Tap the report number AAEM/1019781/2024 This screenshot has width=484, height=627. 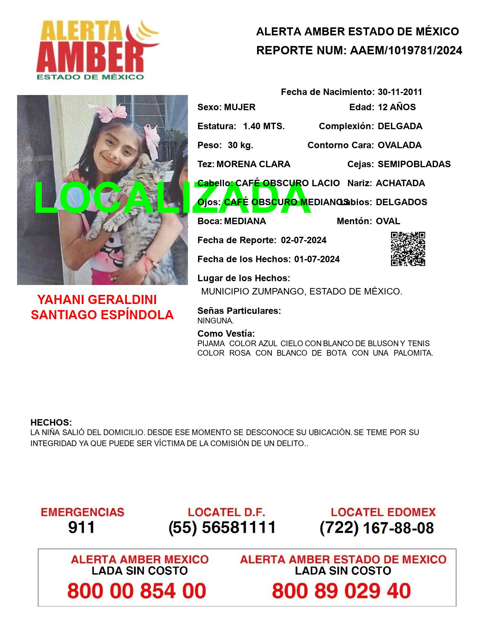[x=406, y=51]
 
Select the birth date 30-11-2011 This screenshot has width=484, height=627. [x=400, y=92]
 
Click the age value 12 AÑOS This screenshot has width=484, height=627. [x=397, y=107]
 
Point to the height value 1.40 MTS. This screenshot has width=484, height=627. [x=264, y=126]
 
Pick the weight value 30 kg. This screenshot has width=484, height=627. [x=240, y=145]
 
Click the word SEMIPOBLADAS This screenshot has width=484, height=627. [x=414, y=164]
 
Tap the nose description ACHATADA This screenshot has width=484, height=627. [x=400, y=183]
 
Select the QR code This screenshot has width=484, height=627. [x=408, y=249]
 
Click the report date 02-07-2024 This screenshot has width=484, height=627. [x=303, y=240]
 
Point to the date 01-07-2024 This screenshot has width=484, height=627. [x=317, y=259]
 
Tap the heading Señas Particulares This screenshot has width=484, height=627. [x=239, y=310]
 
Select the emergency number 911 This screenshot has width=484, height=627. [x=81, y=527]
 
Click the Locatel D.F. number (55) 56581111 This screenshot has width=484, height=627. [x=222, y=527]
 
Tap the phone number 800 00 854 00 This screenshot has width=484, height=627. [x=137, y=591]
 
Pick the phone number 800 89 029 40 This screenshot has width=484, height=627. [x=341, y=591]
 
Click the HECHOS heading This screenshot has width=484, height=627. [x=51, y=423]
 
